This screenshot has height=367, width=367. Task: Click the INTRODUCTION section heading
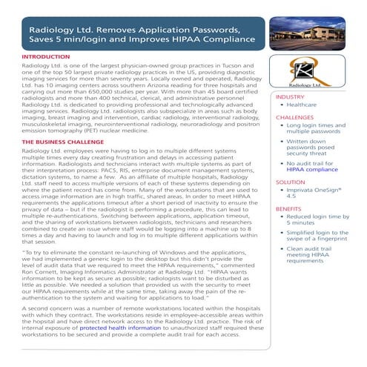pyautogui.click(x=48, y=56)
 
